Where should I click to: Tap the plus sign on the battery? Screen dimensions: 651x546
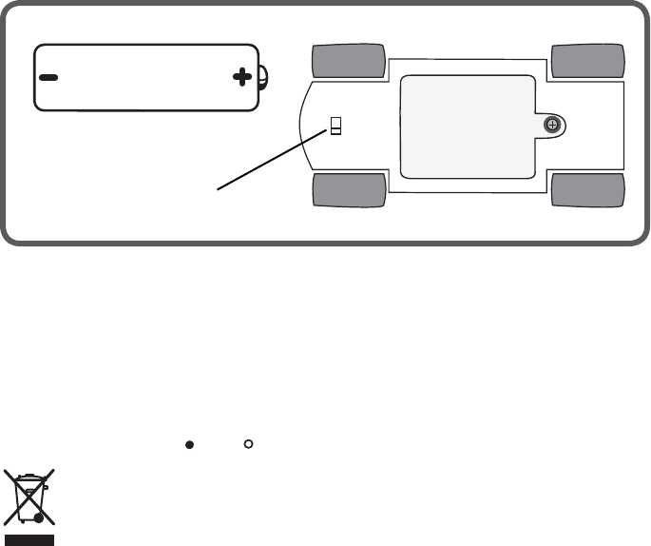click(x=242, y=77)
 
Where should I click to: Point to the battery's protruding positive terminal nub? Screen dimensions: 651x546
click(x=264, y=77)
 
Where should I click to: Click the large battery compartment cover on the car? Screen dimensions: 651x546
click(x=466, y=127)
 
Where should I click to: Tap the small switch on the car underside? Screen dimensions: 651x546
click(x=335, y=127)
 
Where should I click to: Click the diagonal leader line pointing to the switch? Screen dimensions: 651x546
click(x=276, y=158)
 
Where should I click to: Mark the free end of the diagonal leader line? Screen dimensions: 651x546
click(x=219, y=189)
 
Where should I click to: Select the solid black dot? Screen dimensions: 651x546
click(x=189, y=444)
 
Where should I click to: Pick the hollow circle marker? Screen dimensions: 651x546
click(x=247, y=444)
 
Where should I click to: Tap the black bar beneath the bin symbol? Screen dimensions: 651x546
click(x=29, y=538)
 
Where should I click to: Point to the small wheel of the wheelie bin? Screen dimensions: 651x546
click(x=38, y=519)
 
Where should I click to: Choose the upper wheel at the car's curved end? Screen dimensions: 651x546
click(x=349, y=60)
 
